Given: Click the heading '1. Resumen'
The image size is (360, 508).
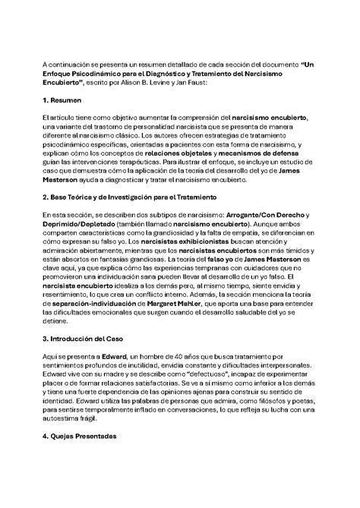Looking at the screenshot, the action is tap(63, 99).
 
